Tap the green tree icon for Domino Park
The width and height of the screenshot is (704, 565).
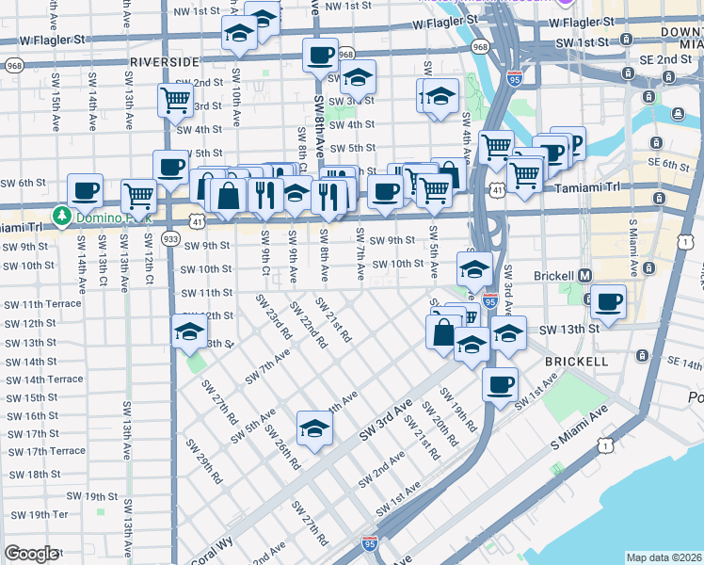pyautogui.click(x=63, y=216)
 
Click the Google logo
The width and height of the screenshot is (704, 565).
pyautogui.click(x=31, y=554)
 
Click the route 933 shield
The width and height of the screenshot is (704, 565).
pyautogui.click(x=170, y=239)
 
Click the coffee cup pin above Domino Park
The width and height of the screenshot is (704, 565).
pyautogui.click(x=85, y=189)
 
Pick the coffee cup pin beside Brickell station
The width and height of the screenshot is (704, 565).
pyautogui.click(x=608, y=301)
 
